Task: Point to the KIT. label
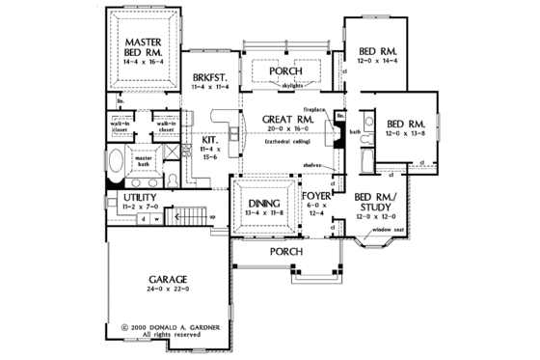click(x=208, y=139)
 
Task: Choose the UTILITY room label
click(x=137, y=196)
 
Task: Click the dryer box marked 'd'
click(x=144, y=218)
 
